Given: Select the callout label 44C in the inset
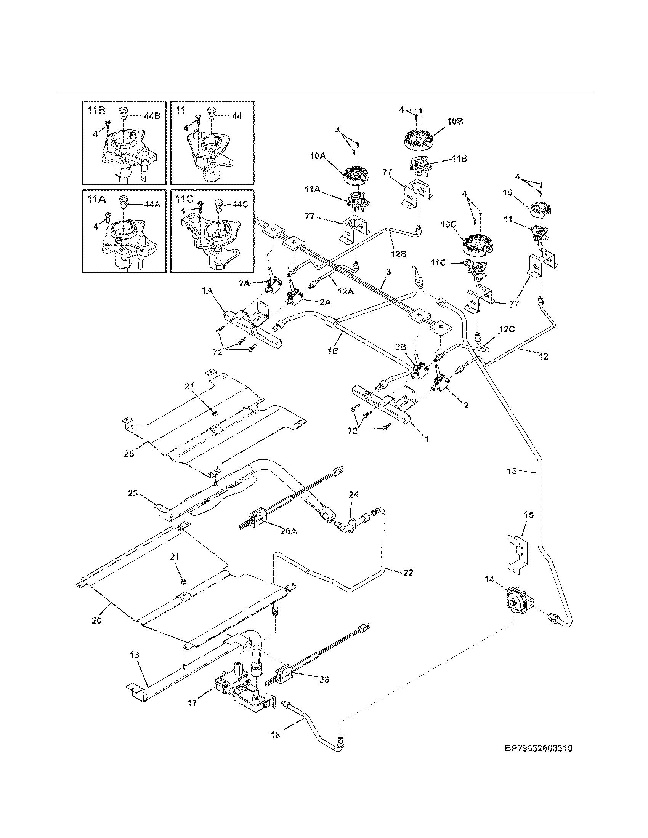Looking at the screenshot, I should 240,204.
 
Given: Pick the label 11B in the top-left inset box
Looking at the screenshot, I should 96,110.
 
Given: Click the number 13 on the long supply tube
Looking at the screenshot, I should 512,471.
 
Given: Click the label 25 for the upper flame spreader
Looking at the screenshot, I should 129,454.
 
